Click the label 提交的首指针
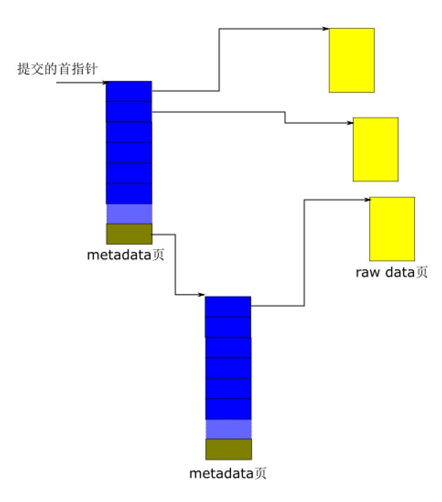(x=57, y=69)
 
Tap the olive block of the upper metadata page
(x=129, y=234)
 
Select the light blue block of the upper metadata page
(x=129, y=214)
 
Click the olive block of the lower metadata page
(x=228, y=449)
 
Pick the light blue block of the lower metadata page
(x=228, y=429)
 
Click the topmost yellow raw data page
(x=351, y=60)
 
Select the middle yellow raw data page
(x=376, y=150)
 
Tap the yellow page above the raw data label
(x=392, y=229)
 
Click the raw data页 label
(x=392, y=272)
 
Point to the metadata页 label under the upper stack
(x=126, y=255)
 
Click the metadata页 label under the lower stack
(x=228, y=473)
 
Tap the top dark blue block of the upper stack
(x=129, y=91)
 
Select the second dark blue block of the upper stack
(x=129, y=112)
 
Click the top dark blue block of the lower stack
(x=228, y=307)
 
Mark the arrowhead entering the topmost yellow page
(x=326, y=29)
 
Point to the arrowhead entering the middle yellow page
(x=350, y=123)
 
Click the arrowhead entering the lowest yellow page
(x=367, y=200)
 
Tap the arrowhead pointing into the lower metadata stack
(x=201, y=294)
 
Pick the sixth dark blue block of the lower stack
(x=228, y=409)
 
